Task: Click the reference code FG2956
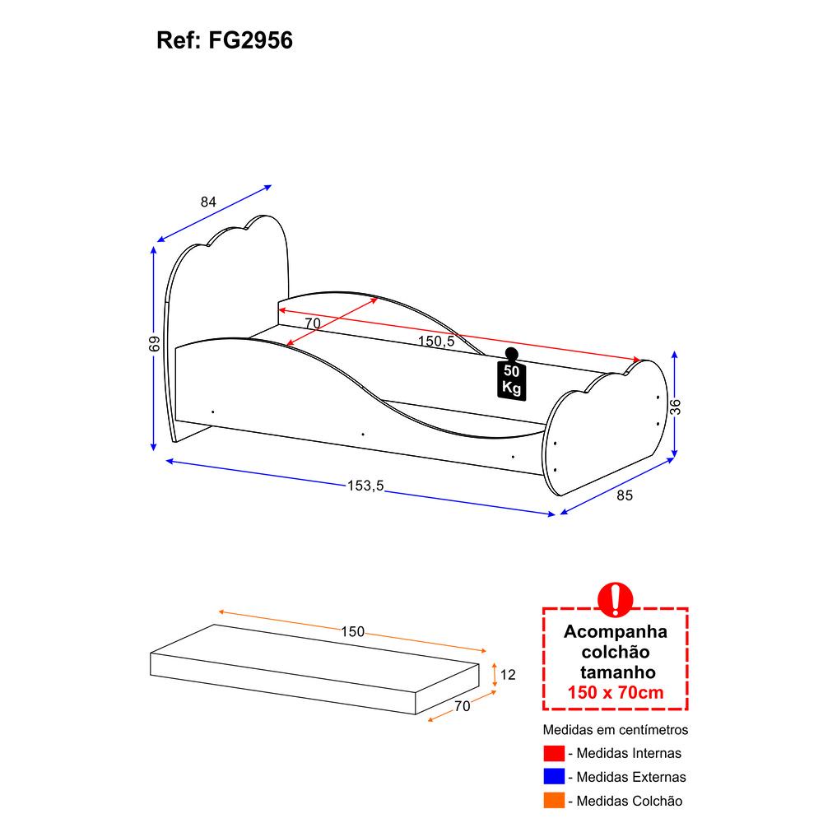[250, 40]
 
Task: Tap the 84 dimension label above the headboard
[208, 202]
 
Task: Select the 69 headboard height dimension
[154, 344]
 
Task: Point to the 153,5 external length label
[365, 486]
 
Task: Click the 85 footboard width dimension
[625, 495]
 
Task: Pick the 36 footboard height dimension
[676, 407]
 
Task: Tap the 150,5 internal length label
[436, 342]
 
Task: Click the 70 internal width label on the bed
[312, 323]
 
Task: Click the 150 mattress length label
[353, 631]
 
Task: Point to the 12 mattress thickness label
[508, 675]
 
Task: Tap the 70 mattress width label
[462, 706]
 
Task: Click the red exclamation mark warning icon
[615, 599]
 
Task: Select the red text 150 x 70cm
[615, 692]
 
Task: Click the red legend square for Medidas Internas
[554, 753]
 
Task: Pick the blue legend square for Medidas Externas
[554, 777]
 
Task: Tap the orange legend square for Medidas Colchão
[554, 801]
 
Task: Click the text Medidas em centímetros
[615, 729]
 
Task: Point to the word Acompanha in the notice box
[615, 632]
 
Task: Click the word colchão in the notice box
[615, 652]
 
